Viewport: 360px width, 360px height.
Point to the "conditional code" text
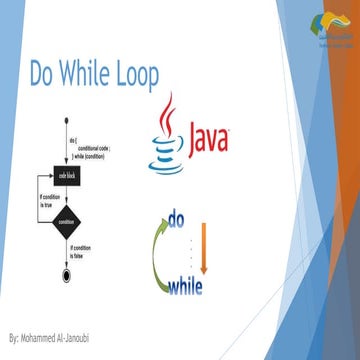tap(94, 148)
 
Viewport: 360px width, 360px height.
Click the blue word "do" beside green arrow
tap(177, 218)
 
